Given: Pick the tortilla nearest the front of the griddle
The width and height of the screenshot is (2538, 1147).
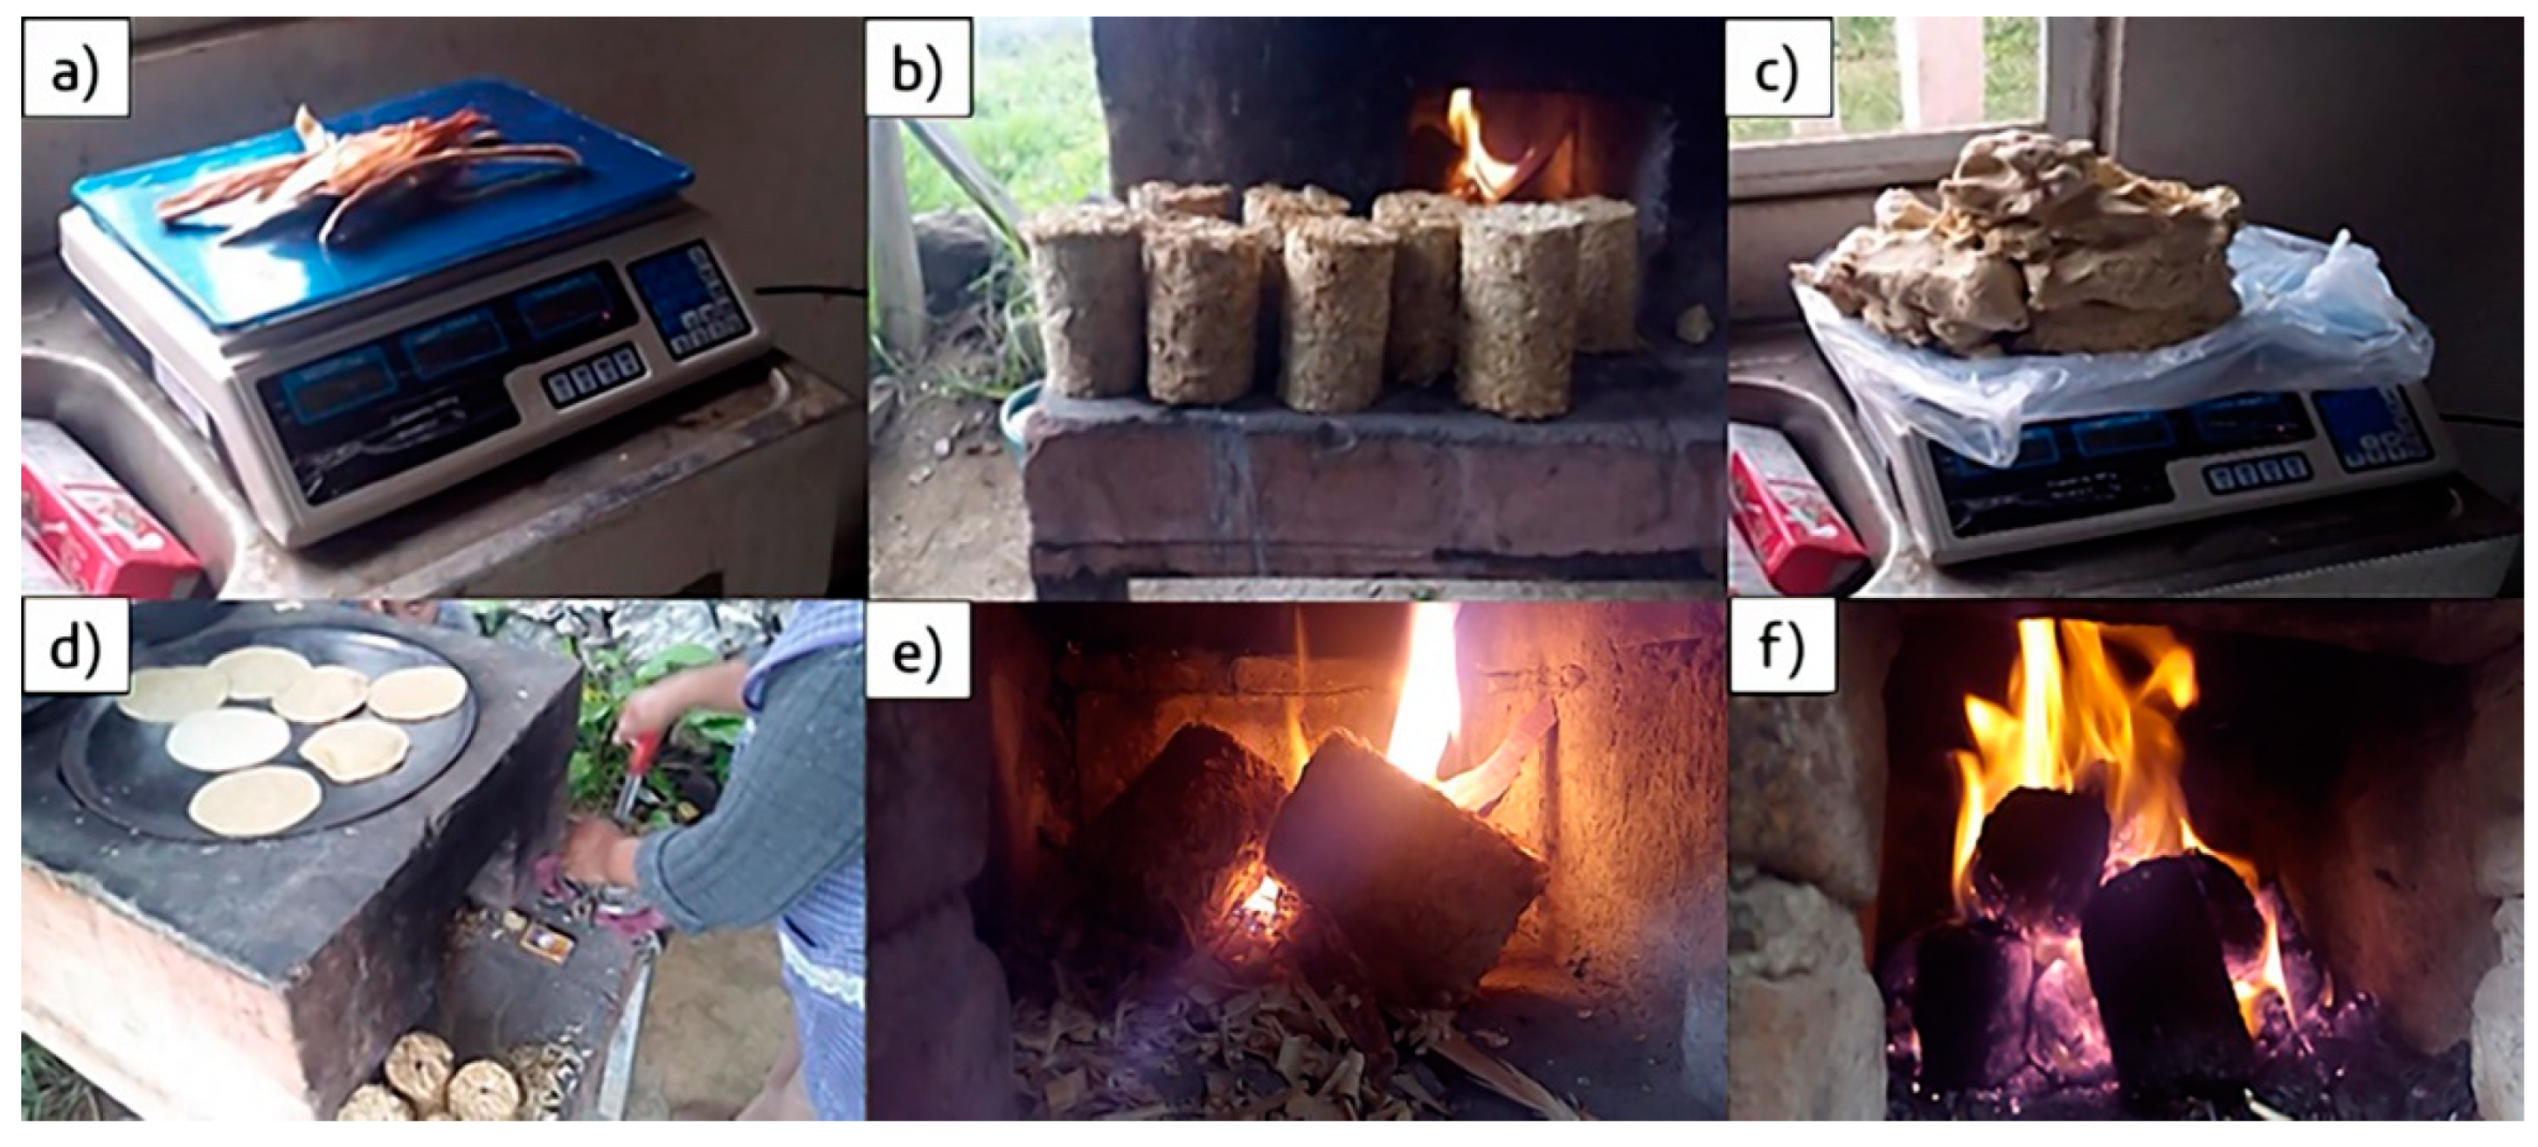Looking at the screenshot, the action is tap(254, 799).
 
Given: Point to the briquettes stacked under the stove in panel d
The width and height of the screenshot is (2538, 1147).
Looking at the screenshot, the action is tap(443, 1084).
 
